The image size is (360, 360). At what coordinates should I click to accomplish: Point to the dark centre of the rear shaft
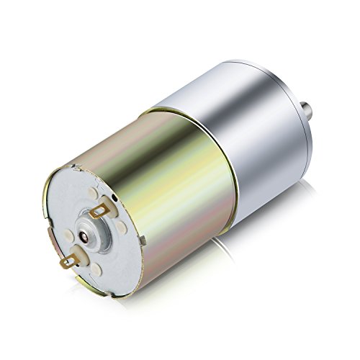(87, 235)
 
